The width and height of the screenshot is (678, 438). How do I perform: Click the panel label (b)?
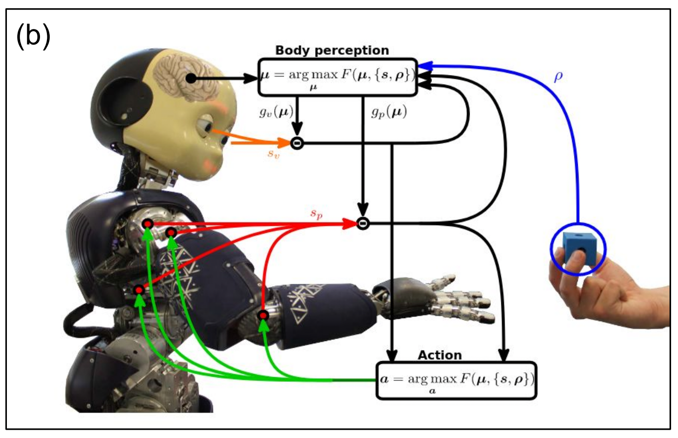pos(33,36)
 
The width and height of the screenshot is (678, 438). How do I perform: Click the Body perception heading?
pos(332,50)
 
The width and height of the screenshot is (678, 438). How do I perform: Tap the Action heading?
pos(439,355)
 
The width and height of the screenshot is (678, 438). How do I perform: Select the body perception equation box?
pos(338,77)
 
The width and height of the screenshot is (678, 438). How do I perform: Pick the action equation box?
pos(456,380)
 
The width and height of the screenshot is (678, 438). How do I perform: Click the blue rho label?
pos(558,76)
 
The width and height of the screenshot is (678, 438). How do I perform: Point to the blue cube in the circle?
pos(577,247)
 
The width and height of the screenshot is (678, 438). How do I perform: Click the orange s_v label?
pos(273,154)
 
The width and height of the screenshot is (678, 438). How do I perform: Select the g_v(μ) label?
pos(276,112)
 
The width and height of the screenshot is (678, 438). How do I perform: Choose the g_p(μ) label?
pos(389,112)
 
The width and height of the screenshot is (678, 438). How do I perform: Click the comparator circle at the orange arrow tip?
pos(297,144)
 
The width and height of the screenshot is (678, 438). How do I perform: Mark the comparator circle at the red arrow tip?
pos(363,224)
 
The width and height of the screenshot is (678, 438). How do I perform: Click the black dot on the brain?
pos(191,79)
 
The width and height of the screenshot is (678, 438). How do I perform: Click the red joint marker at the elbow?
pos(263,315)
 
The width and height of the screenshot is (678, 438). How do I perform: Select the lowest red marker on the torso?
pos(139,290)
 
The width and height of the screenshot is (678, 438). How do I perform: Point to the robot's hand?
pos(442,299)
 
